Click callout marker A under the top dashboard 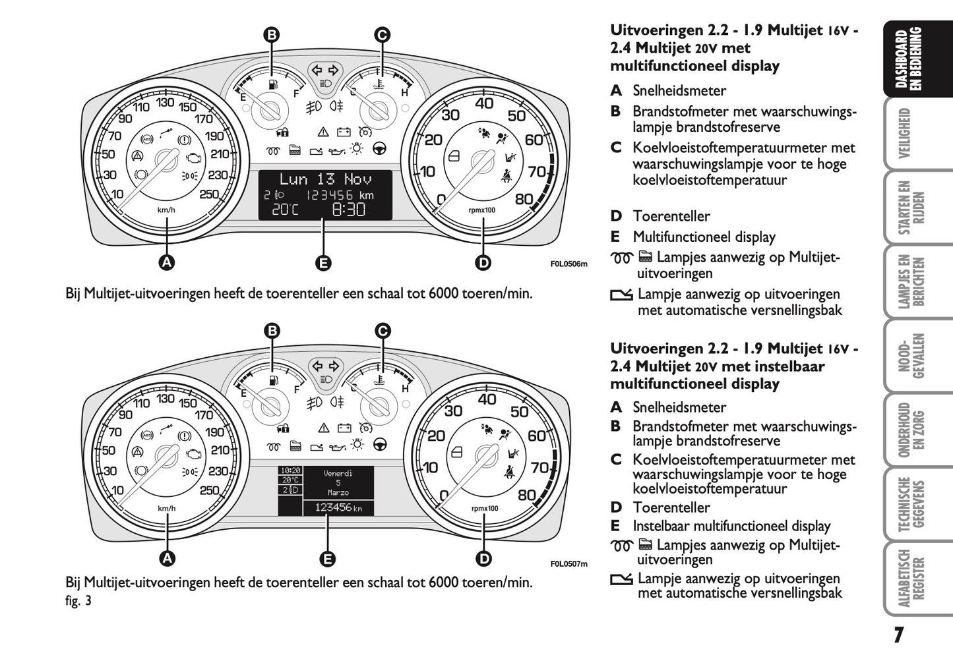(167, 262)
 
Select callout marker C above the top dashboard (382, 35)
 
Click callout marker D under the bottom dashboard (483, 559)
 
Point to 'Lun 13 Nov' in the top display (325, 179)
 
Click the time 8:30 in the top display (348, 210)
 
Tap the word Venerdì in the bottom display (338, 473)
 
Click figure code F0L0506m (569, 265)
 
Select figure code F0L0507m (569, 563)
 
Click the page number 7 (898, 635)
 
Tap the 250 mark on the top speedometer (209, 194)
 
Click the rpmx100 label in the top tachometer (482, 210)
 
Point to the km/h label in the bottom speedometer (166, 508)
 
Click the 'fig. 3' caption (78, 600)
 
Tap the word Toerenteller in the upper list (671, 216)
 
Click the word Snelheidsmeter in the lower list (679, 407)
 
